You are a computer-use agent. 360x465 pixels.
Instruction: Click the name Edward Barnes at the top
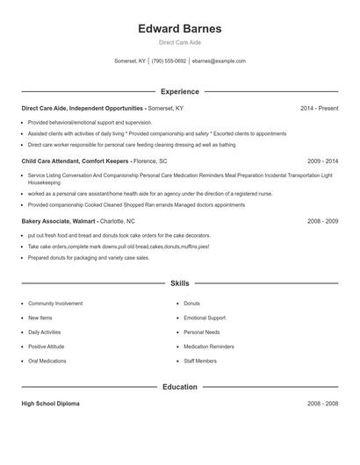tap(179, 29)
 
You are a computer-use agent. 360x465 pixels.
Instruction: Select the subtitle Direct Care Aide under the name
tap(179, 42)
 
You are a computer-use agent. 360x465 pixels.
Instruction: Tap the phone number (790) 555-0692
tap(169, 61)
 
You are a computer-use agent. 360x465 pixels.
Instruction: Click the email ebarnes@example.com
tap(219, 61)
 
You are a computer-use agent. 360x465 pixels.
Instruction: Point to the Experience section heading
tap(179, 91)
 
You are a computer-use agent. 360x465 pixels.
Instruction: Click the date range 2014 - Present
tap(319, 108)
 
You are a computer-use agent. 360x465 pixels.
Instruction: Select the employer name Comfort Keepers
tap(105, 161)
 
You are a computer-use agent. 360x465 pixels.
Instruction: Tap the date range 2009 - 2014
tap(322, 161)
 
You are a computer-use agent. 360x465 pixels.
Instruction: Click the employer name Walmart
tap(83, 221)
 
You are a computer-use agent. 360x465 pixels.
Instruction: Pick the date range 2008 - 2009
tap(322, 221)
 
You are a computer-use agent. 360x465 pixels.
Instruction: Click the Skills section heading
tap(179, 283)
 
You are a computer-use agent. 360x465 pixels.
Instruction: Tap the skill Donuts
tap(191, 304)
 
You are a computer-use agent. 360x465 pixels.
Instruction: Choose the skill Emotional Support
tap(205, 318)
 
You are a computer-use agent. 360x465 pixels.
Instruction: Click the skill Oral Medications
tap(47, 361)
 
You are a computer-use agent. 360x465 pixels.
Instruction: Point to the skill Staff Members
tap(200, 361)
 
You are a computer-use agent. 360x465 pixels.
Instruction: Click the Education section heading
tap(179, 387)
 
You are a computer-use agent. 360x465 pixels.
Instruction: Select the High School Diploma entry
tap(50, 404)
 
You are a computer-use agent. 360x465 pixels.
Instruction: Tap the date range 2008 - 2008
tap(322, 404)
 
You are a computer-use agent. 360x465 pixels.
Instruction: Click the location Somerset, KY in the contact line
tap(129, 61)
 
